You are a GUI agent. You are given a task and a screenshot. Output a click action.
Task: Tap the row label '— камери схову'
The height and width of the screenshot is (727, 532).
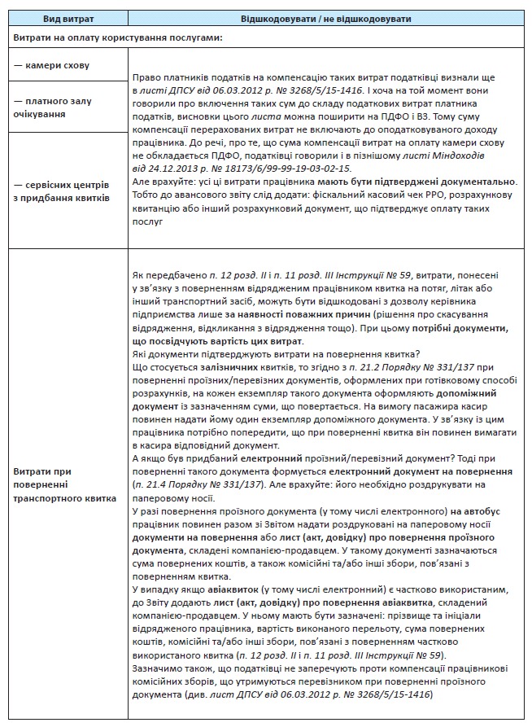(x=51, y=64)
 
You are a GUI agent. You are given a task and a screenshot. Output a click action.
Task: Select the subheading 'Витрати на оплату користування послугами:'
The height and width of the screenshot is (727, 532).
(x=118, y=37)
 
